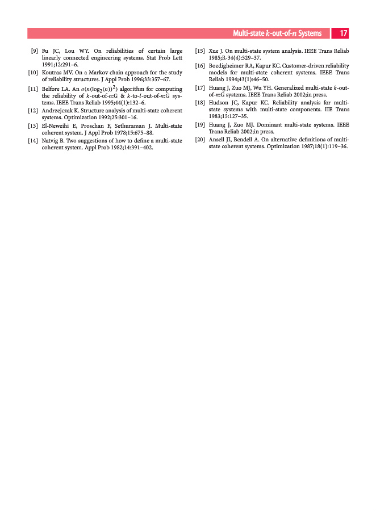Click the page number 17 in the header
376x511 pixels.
(x=344, y=33)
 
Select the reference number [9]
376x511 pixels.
(x=35, y=52)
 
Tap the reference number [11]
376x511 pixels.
(x=34, y=89)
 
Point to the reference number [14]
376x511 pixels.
(x=34, y=140)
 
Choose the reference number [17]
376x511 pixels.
(x=199, y=88)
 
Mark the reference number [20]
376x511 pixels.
(x=199, y=139)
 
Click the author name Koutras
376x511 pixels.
(x=53, y=72)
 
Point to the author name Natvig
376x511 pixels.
(x=51, y=140)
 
